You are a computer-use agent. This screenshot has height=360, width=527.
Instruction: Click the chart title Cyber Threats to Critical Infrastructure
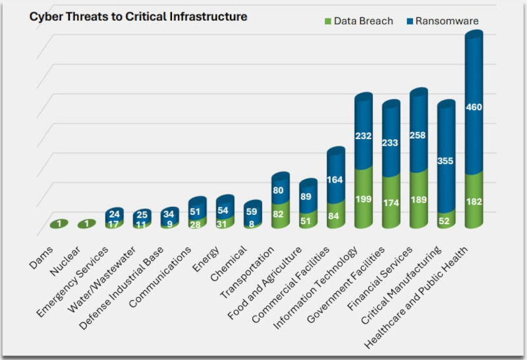[138, 16]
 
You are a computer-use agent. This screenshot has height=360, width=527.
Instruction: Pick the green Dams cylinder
[60, 224]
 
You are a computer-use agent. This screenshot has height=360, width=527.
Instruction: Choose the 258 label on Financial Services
[419, 134]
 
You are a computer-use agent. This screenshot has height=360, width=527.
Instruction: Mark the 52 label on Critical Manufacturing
[446, 222]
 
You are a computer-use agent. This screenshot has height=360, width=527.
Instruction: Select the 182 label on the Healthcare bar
[474, 202]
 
